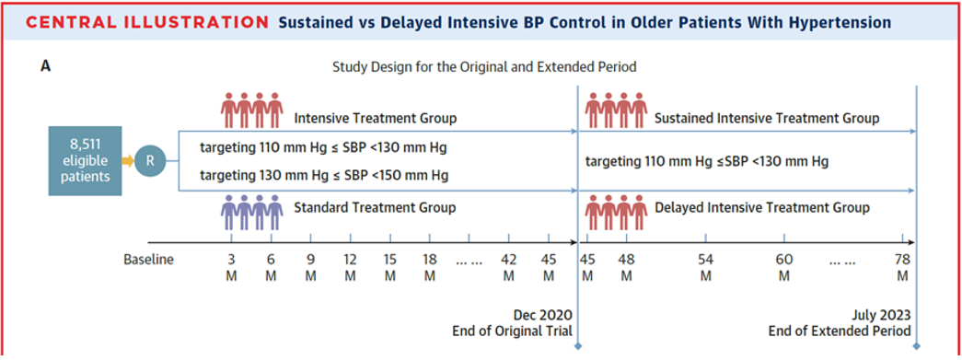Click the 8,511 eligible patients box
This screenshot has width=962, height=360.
click(86, 161)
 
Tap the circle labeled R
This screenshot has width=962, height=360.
click(150, 162)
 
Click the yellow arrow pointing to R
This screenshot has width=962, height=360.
click(128, 162)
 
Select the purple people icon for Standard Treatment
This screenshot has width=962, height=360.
click(251, 212)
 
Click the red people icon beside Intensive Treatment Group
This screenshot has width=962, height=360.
click(251, 110)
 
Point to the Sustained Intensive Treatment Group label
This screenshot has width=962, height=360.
click(767, 118)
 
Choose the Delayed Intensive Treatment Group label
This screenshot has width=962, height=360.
click(762, 208)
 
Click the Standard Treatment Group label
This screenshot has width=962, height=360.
click(375, 208)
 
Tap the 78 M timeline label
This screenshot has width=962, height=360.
click(902, 267)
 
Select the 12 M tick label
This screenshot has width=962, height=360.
click(351, 267)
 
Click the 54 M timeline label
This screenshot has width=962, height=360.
click(705, 267)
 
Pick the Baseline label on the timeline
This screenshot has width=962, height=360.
click(148, 260)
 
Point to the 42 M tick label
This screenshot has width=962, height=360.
click(508, 267)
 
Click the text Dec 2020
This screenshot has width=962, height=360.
click(543, 315)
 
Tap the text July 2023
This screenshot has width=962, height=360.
click(882, 315)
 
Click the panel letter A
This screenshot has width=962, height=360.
click(45, 66)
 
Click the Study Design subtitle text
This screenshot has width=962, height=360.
click(484, 67)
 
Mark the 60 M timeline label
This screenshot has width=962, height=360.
click(783, 267)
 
